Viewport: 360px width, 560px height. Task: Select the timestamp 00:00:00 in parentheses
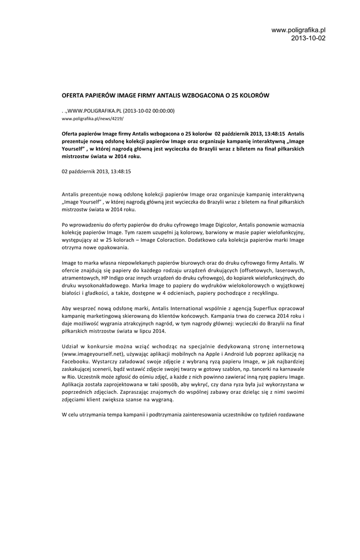pyautogui.click(x=159, y=110)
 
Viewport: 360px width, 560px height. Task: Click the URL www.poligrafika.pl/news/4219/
pyautogui.click(x=92, y=118)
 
